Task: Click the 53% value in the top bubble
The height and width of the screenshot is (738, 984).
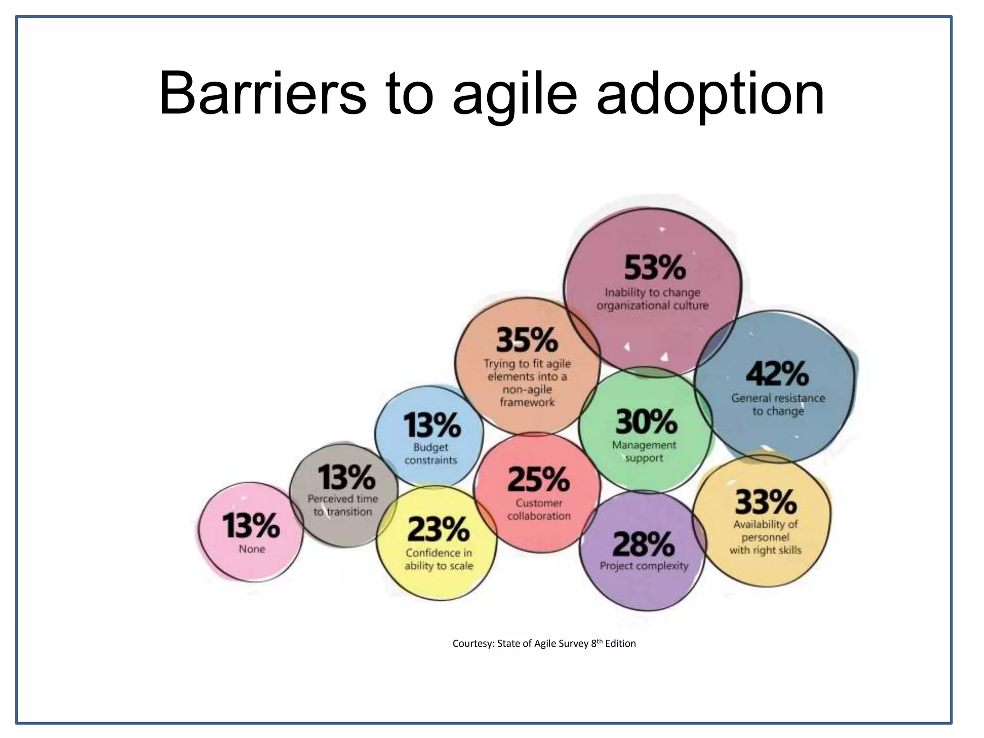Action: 654,268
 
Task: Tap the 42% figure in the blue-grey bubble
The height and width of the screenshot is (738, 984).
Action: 777,373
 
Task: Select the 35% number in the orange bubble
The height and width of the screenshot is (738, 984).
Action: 527,340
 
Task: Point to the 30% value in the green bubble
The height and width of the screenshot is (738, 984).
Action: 646,421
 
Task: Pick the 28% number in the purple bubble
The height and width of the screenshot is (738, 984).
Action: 643,544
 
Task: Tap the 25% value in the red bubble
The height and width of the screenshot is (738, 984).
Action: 538,479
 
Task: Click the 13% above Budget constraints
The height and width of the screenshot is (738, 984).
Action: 431,425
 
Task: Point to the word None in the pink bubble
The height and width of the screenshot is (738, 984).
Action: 252,549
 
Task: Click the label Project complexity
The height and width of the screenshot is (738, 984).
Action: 644,566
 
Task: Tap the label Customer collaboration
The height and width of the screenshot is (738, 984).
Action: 539,509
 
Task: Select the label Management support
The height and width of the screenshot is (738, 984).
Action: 644,452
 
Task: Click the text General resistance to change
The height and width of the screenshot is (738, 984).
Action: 778,405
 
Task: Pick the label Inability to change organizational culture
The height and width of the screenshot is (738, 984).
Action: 652,299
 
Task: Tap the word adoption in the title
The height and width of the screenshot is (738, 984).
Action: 710,94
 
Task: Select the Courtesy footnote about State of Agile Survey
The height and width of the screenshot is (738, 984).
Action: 544,643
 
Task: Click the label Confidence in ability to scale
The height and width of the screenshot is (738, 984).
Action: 439,559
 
